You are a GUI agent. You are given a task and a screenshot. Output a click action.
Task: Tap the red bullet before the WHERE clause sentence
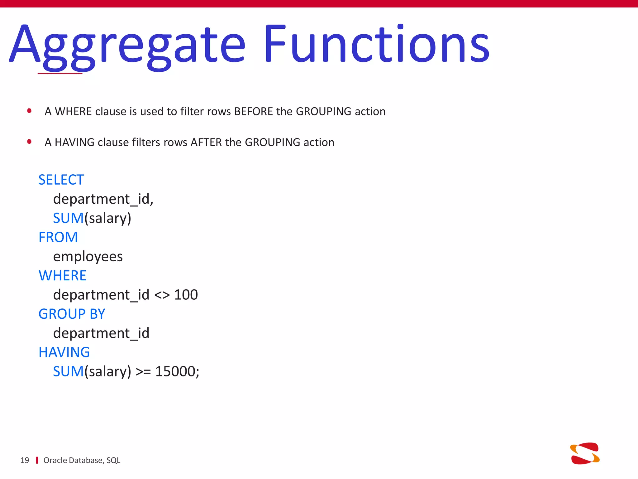click(29, 111)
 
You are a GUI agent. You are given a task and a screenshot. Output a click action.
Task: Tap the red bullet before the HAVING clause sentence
click(29, 142)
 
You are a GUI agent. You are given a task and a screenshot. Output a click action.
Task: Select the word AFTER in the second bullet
click(206, 142)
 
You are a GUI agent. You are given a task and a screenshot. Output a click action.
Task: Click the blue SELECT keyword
click(61, 180)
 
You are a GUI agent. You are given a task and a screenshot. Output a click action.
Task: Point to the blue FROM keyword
click(58, 237)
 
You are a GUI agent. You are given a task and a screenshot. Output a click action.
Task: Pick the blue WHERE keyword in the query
click(62, 276)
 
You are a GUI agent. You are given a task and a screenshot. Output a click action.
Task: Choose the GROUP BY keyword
click(72, 314)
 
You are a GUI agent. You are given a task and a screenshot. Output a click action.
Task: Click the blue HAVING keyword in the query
click(64, 352)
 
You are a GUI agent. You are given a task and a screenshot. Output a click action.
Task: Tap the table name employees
click(88, 257)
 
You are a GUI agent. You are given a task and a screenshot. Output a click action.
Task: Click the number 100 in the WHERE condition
click(186, 295)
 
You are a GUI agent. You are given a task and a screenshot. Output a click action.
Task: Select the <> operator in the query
click(162, 295)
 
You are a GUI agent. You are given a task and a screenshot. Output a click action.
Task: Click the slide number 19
click(25, 460)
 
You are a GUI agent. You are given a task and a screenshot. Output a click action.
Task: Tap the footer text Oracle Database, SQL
click(82, 460)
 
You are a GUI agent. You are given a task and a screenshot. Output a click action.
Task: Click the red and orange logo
click(585, 453)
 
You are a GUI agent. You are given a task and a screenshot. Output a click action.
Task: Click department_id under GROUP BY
click(101, 333)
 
